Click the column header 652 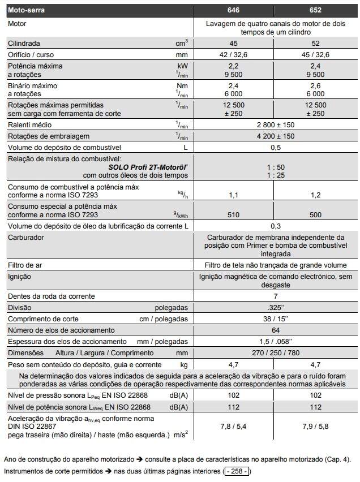pos(316,10)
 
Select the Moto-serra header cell pos(26,10)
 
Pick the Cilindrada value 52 pos(316,43)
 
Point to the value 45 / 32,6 pos(316,54)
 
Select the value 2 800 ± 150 pos(275,125)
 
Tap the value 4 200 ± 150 pos(275,136)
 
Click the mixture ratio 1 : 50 pos(275,167)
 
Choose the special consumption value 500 pos(316,215)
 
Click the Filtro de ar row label pos(25,265)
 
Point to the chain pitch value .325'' pos(275,308)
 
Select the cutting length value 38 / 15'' pos(275,319)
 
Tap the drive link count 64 pos(275,330)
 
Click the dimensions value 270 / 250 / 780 pos(275,353)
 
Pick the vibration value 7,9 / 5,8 pos(316,426)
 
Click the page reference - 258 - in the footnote pos(237,471)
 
